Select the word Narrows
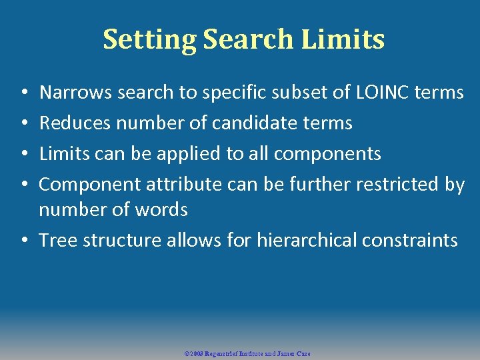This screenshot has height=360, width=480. coord(76,93)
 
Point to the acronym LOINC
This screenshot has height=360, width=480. coord(375,93)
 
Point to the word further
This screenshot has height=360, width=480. coord(314,185)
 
